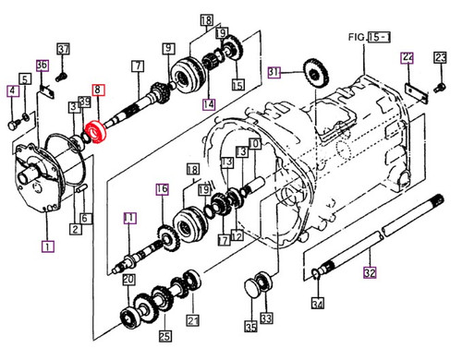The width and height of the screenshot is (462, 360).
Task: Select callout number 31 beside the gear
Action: (x=274, y=72)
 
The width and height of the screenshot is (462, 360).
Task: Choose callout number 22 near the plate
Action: (x=407, y=57)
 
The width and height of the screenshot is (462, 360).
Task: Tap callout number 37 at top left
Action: (x=64, y=48)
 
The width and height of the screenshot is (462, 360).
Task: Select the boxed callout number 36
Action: (x=42, y=65)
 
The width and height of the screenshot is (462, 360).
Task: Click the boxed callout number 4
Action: (x=12, y=90)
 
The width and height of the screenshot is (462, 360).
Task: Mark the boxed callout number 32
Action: (x=370, y=272)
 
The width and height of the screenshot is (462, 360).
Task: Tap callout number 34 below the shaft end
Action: (x=317, y=304)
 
